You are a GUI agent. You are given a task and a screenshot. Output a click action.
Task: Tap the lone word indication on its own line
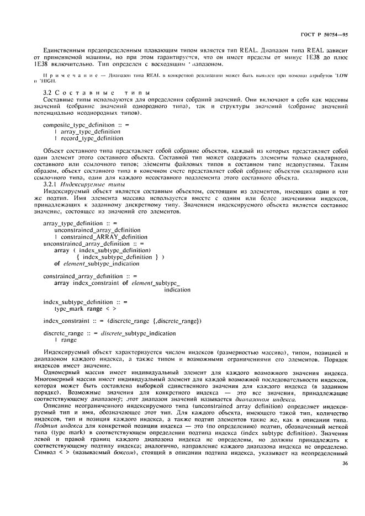177,289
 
